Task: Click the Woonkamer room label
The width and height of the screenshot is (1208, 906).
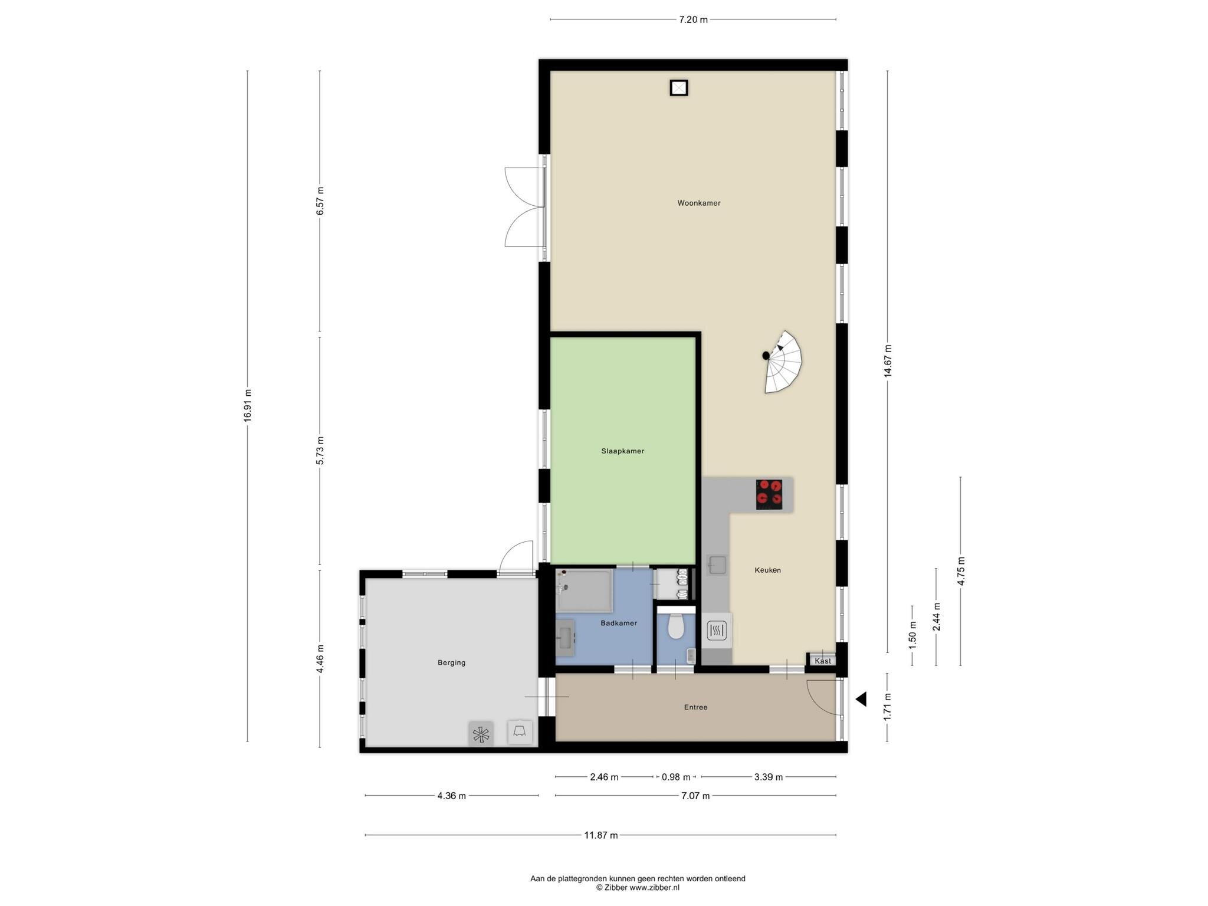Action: point(698,203)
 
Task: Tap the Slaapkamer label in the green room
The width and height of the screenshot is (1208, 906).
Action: point(622,451)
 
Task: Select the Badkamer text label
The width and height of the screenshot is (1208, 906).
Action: point(619,623)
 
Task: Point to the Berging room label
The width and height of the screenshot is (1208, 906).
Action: point(451,662)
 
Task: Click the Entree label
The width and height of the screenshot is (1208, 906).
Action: point(695,707)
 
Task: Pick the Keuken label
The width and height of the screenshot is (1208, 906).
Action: point(767,570)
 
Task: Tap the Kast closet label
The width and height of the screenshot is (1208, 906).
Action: point(823,661)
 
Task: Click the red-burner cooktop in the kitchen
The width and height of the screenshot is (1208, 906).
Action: point(769,494)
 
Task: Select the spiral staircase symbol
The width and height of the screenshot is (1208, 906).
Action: point(783,362)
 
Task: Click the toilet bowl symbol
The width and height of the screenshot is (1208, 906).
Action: point(675,626)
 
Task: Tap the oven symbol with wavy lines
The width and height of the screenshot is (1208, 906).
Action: point(717,632)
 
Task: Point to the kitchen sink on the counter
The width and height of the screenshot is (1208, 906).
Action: point(717,566)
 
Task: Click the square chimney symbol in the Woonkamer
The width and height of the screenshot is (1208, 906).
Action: point(679,88)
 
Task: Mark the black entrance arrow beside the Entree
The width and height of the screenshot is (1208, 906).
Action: point(861,699)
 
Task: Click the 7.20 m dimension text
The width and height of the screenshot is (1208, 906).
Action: point(693,19)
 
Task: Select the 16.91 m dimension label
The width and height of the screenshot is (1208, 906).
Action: point(248,405)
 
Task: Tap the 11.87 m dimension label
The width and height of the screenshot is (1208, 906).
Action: point(601,835)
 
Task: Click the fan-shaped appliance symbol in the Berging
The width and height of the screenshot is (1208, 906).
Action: point(481,734)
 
